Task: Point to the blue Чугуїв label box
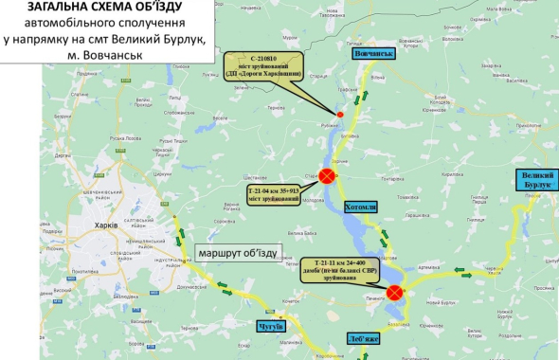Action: click(x=272, y=326)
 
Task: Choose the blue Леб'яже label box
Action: click(x=370, y=337)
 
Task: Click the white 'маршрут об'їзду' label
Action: click(x=237, y=253)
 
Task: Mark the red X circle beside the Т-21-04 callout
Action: click(x=327, y=176)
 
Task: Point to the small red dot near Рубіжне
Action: click(x=340, y=115)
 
